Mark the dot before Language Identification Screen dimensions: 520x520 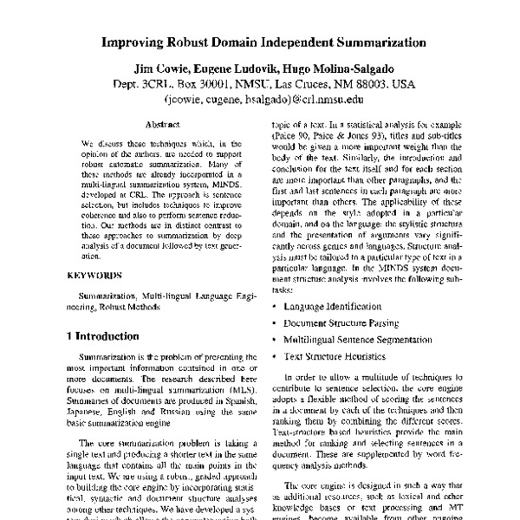[x=275, y=307]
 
